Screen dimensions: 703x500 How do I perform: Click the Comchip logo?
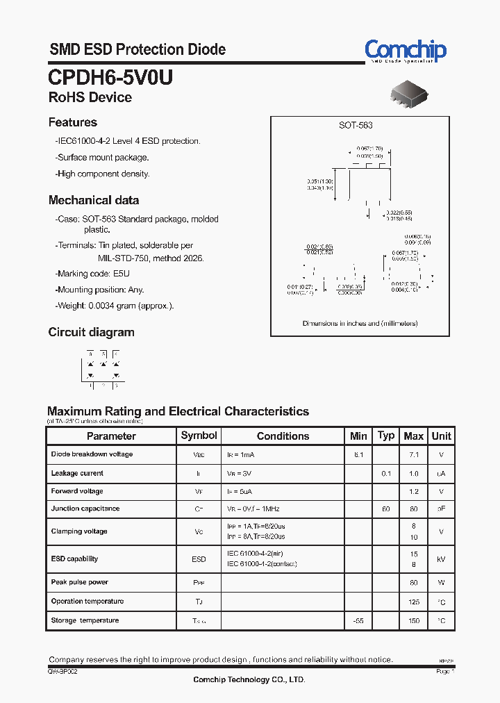coord(406,50)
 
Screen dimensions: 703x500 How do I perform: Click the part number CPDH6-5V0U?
coord(110,77)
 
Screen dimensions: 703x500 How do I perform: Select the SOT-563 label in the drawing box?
coord(356,125)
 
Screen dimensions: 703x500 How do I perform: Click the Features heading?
coord(72,122)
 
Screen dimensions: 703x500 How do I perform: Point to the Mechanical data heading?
coord(93,200)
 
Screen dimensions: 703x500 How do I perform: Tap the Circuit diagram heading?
coord(91,332)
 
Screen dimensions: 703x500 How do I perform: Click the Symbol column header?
coord(199,436)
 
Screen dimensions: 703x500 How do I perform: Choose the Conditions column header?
coord(283,436)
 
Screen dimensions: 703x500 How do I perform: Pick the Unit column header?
coord(441,436)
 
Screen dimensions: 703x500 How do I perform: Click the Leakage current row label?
coord(77,473)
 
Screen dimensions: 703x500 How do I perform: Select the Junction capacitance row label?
coord(85,508)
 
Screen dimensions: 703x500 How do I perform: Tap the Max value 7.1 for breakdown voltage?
coord(414,454)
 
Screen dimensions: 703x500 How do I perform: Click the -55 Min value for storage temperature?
coord(358,620)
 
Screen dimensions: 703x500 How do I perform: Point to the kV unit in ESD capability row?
coord(441,559)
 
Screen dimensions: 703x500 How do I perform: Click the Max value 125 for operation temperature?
coord(414,602)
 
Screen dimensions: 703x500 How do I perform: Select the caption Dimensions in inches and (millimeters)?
coord(360,324)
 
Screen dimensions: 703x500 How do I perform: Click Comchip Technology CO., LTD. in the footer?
coord(249,679)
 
